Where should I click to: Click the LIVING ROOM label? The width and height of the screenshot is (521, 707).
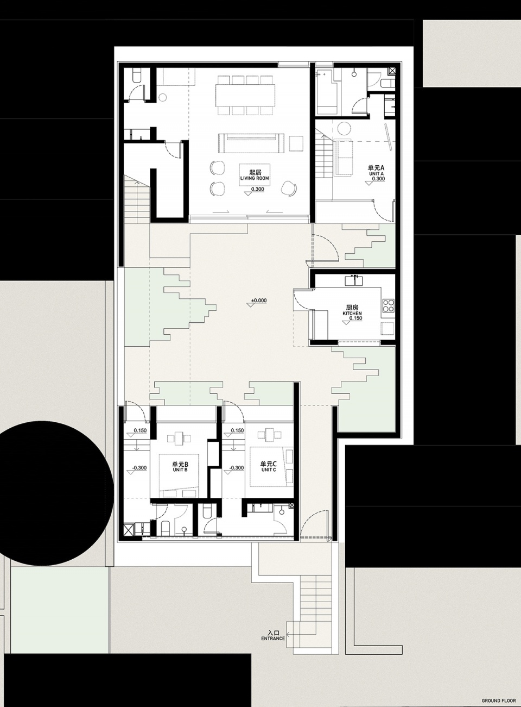point(255,178)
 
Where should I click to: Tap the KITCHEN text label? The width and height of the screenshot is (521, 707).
point(352,314)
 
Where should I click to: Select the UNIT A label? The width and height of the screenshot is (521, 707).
point(376,173)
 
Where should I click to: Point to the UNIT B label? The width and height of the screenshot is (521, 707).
point(180,470)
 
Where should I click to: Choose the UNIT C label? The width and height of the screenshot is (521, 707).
point(268,470)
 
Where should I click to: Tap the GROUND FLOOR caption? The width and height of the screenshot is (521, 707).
point(499,698)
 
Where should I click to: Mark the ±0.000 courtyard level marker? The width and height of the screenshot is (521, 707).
point(259,301)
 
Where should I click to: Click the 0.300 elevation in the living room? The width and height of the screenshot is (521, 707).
point(258,189)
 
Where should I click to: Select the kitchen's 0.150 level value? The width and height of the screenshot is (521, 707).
point(355,318)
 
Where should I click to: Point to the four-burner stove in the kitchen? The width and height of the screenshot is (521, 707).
point(388,305)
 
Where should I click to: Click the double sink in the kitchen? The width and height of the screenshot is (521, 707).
point(354,281)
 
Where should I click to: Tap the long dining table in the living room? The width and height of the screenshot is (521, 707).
point(245,95)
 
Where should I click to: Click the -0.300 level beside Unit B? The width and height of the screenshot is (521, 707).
point(140,468)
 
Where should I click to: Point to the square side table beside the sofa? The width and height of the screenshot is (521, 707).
point(296,143)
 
